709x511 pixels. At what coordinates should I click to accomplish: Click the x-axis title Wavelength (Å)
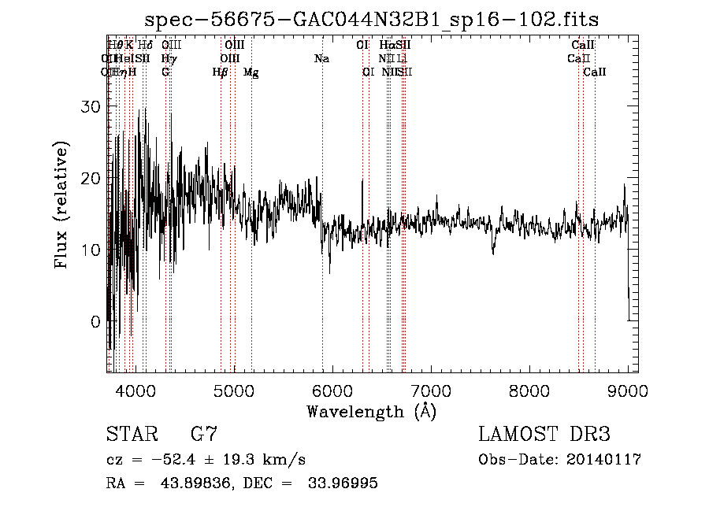click(371, 411)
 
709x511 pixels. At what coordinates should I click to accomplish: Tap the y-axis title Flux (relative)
click(61, 204)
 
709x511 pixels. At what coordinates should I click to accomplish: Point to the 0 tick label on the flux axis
click(96, 322)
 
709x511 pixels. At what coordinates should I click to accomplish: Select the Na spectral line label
click(321, 59)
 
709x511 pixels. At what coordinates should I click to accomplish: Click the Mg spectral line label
click(251, 72)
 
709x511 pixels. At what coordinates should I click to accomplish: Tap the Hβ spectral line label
click(220, 72)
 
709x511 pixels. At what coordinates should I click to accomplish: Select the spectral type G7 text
click(204, 435)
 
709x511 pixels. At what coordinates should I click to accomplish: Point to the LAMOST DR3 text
click(544, 435)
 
